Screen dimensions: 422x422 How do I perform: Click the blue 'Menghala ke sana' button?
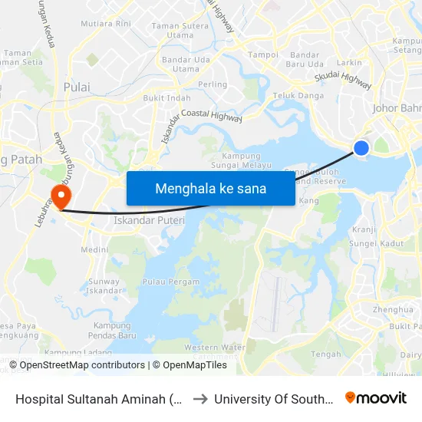(210, 188)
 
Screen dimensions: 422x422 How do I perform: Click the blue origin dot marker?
(361, 148)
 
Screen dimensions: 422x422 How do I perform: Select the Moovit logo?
(375, 398)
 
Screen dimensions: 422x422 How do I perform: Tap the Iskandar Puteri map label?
(145, 220)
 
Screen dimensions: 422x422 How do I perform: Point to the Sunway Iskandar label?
(104, 286)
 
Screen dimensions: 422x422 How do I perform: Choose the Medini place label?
(94, 249)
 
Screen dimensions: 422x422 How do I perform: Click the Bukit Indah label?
(167, 98)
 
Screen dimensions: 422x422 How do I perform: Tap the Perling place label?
(213, 84)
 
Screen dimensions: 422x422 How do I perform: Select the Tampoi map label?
(264, 55)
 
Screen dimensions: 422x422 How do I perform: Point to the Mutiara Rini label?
(106, 24)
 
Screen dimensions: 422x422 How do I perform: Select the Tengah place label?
(326, 354)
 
